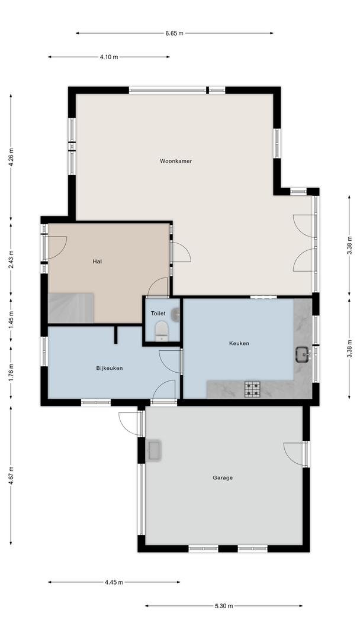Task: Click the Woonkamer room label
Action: (176, 161)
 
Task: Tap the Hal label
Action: (97, 262)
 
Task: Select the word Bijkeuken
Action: (110, 368)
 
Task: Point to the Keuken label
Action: (239, 344)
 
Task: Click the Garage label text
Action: (223, 477)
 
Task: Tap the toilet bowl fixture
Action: (162, 331)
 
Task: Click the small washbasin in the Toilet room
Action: (176, 315)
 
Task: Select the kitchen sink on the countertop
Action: (303, 354)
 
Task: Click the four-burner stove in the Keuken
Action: (252, 389)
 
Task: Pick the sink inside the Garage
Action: (155, 450)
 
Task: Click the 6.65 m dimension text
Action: (175, 33)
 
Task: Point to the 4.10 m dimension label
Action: (109, 57)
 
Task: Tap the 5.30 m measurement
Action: (224, 606)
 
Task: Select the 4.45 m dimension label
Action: (114, 582)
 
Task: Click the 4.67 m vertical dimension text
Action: (11, 475)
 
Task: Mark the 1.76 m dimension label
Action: (11, 372)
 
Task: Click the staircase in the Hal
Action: (71, 308)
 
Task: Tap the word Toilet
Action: (158, 314)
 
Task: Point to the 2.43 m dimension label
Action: (11, 260)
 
